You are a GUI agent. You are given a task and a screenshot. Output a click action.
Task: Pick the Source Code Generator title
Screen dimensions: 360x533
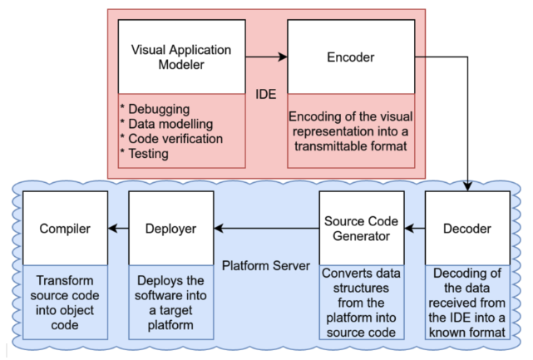click(x=362, y=229)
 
